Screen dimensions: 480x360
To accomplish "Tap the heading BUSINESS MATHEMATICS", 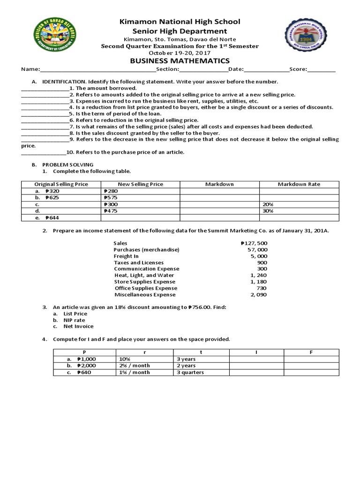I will click(x=180, y=60).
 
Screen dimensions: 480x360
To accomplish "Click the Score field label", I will click(x=298, y=69).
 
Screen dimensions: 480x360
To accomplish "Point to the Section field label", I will click(x=167, y=69).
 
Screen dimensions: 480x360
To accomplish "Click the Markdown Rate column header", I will click(x=299, y=184).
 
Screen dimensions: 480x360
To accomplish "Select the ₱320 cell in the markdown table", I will click(x=52, y=191).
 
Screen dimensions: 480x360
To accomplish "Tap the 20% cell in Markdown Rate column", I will click(x=269, y=204).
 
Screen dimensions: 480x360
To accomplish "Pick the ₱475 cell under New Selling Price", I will click(x=110, y=211).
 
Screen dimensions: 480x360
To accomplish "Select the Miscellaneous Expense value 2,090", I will click(x=258, y=294).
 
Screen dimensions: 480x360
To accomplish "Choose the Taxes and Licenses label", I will click(x=139, y=262).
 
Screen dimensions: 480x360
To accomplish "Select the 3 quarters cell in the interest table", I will click(x=190, y=372).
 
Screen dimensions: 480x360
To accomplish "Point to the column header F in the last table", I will click(x=311, y=352).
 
